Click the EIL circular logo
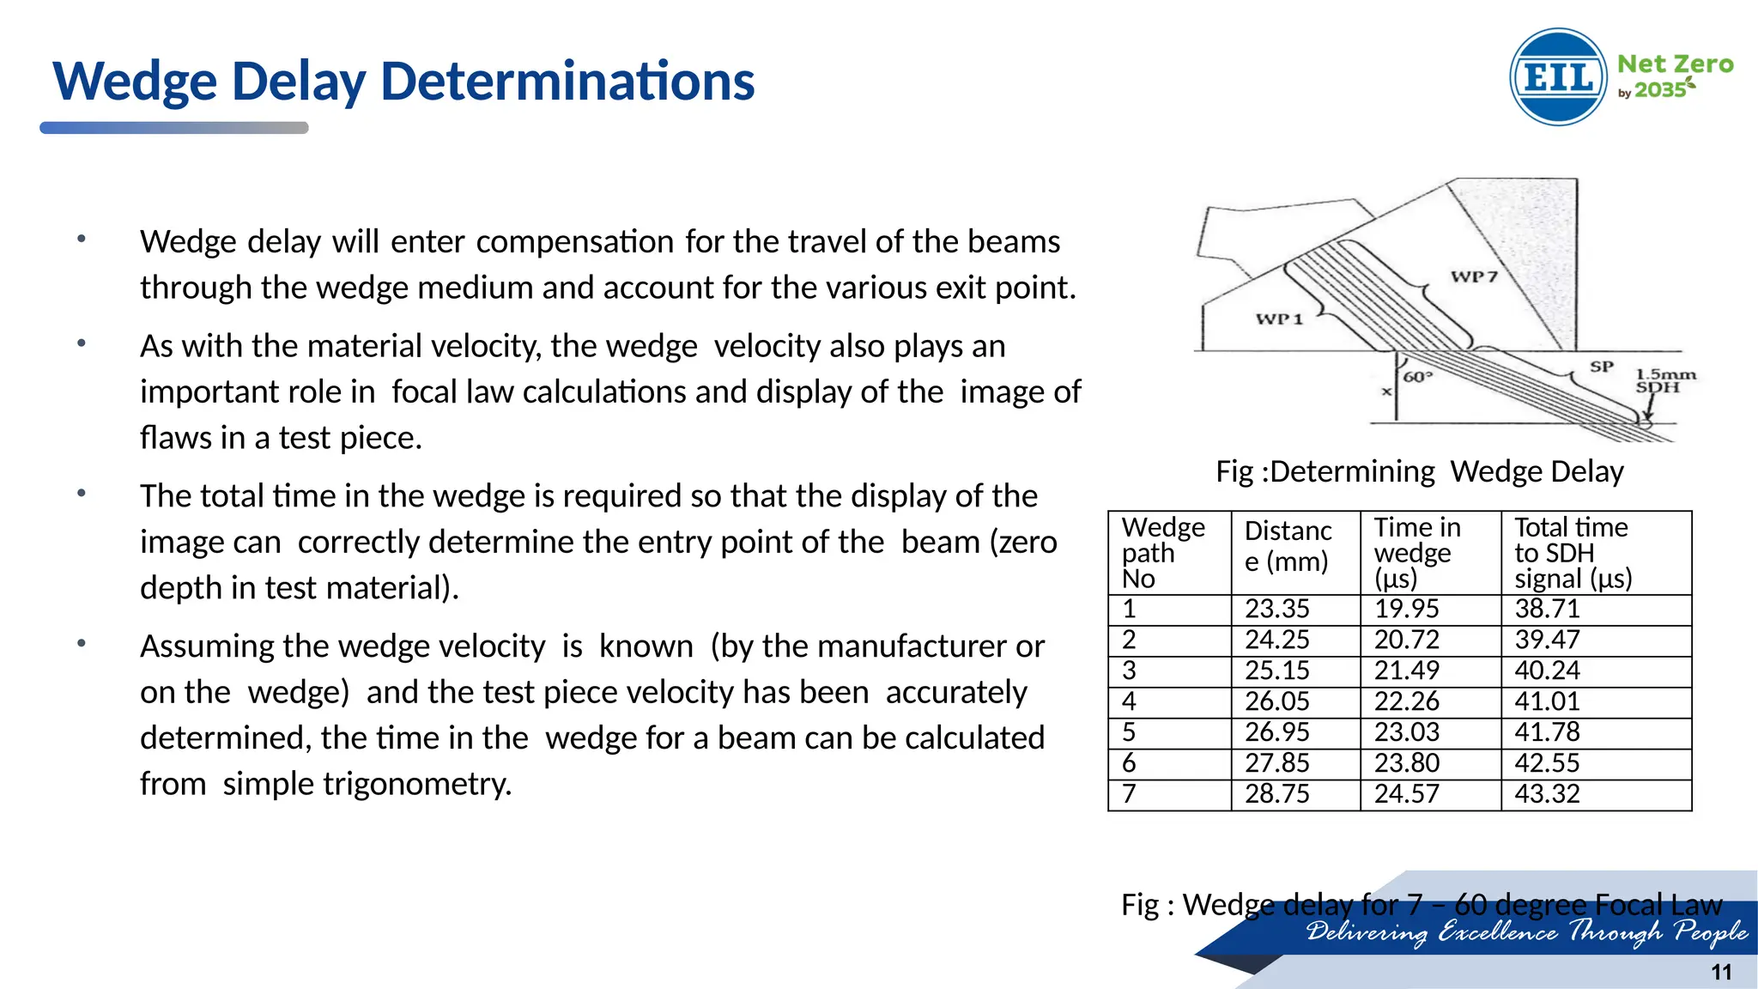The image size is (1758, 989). pyautogui.click(x=1558, y=77)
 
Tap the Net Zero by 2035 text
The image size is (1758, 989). pyautogui.click(x=1674, y=76)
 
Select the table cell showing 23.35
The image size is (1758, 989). pyautogui.click(x=1277, y=609)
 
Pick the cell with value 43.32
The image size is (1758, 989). pyautogui.click(x=1547, y=794)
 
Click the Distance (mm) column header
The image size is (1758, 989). pyautogui.click(x=1288, y=546)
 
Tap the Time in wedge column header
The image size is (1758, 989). pyautogui.click(x=1417, y=552)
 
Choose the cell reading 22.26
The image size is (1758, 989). pyautogui.click(x=1406, y=701)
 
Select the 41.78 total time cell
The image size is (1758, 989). pyautogui.click(x=1547, y=732)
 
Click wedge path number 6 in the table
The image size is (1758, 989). pyautogui.click(x=1130, y=763)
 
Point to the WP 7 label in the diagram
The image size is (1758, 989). pyautogui.click(x=1474, y=276)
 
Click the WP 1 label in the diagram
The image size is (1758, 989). pyautogui.click(x=1279, y=319)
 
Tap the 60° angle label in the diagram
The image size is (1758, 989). pyautogui.click(x=1418, y=377)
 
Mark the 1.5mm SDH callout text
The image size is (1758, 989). pyautogui.click(x=1664, y=380)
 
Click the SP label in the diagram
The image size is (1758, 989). pyautogui.click(x=1601, y=367)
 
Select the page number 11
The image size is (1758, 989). pyautogui.click(x=1721, y=972)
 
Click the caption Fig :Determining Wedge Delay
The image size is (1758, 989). pyautogui.click(x=1420, y=471)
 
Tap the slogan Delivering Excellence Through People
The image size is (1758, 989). pyautogui.click(x=1526, y=932)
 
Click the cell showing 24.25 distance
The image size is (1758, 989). pyautogui.click(x=1277, y=640)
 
